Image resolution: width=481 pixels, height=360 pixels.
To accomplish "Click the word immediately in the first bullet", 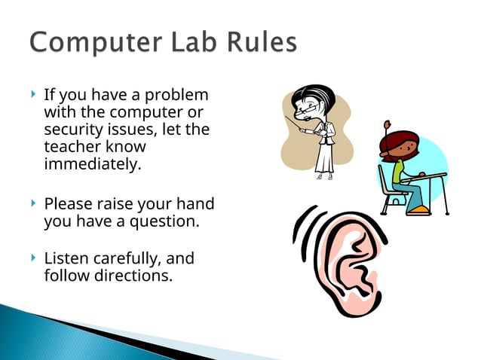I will click(92, 163).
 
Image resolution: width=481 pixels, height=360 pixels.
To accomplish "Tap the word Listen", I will click(66, 259).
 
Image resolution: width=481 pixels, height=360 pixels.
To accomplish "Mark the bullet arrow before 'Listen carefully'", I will click(33, 258).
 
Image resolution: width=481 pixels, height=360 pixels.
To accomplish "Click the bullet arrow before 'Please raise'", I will click(33, 203).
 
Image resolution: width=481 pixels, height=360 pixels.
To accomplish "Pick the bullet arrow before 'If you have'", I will click(33, 96).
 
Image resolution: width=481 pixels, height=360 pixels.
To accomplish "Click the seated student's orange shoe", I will click(418, 209).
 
